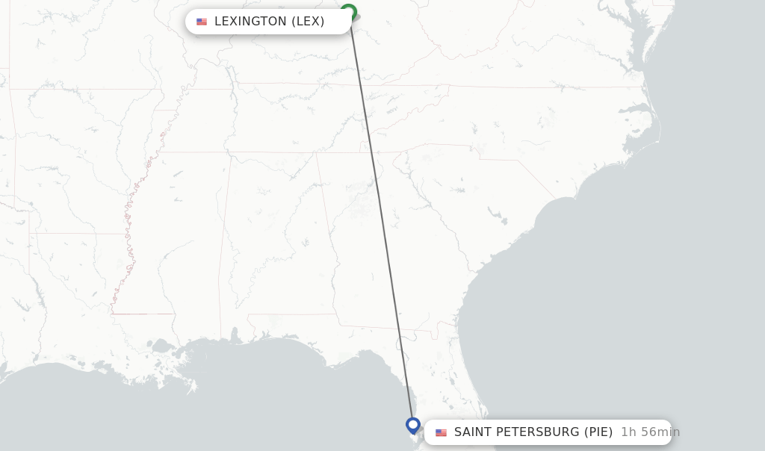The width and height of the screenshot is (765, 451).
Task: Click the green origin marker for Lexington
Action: click(x=348, y=11)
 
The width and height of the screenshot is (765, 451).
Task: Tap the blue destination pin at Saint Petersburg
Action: click(x=412, y=425)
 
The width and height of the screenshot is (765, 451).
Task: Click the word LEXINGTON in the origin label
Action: click(x=250, y=22)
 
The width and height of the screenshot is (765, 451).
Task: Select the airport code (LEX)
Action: click(x=308, y=22)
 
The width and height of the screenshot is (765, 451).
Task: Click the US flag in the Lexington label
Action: click(x=202, y=22)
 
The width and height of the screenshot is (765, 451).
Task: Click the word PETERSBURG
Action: click(x=543, y=432)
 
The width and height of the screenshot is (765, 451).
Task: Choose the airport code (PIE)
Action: click(x=598, y=432)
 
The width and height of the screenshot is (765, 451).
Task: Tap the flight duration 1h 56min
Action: click(x=650, y=432)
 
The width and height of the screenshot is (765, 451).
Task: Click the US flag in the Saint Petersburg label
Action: click(x=441, y=432)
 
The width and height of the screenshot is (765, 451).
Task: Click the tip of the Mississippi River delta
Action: click(x=193, y=389)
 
